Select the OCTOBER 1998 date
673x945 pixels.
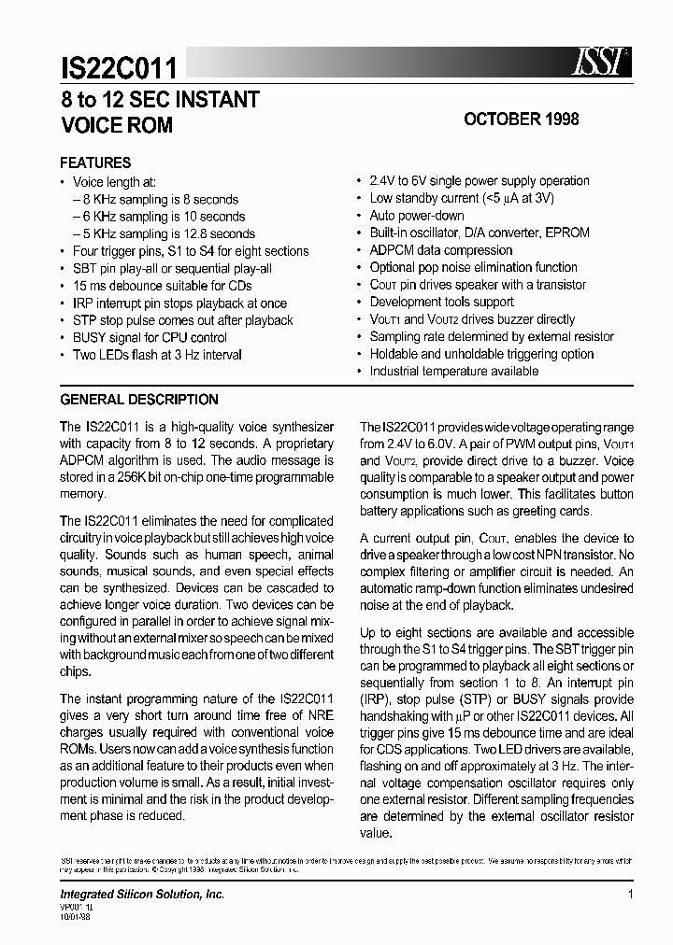tap(522, 120)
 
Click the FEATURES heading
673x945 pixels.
tap(95, 162)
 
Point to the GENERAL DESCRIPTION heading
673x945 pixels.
tap(139, 400)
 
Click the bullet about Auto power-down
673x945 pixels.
tap(417, 216)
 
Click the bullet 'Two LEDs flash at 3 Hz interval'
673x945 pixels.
tap(157, 355)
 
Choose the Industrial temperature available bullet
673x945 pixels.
tap(454, 371)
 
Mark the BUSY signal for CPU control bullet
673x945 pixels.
tap(150, 337)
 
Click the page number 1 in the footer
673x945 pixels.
tap(631, 895)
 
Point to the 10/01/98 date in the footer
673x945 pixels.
tap(77, 917)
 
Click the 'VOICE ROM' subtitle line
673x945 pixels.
tap(117, 126)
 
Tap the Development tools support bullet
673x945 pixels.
tap(441, 302)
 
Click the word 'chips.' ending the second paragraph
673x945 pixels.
tap(76, 671)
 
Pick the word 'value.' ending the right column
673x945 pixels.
tap(376, 833)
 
